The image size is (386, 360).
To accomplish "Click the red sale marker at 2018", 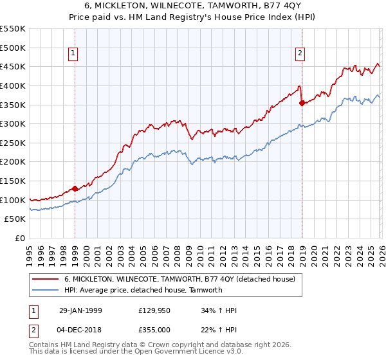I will (x=301, y=102).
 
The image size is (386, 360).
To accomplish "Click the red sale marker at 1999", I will (x=75, y=188).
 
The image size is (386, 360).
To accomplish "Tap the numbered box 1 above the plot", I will (x=74, y=53).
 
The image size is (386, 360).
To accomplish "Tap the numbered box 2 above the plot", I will (x=300, y=53).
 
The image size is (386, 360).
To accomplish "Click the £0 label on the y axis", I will (x=19, y=238).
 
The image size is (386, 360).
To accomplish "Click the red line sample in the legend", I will (x=46, y=279).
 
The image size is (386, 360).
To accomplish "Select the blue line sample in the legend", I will (x=46, y=290).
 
